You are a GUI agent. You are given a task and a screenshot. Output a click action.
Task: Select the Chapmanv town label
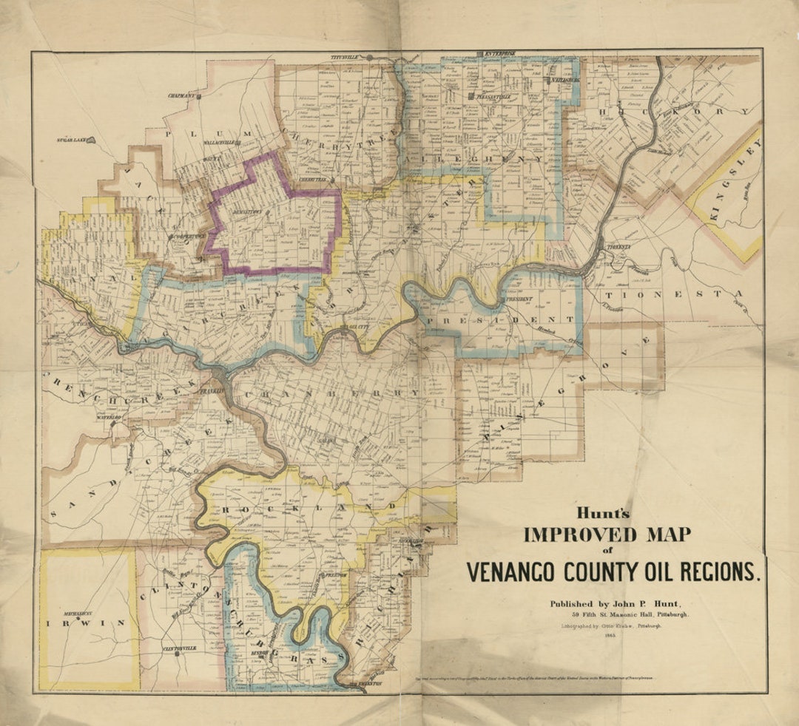pyautogui.click(x=181, y=95)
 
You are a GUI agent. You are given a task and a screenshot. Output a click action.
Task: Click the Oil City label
pyautogui.click(x=359, y=325)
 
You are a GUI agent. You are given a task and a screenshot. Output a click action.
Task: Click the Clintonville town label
pyautogui.click(x=179, y=648)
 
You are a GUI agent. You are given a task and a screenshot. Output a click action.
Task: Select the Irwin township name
pyautogui.click(x=86, y=623)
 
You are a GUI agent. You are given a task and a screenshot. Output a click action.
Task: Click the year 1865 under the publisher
pyautogui.click(x=610, y=635)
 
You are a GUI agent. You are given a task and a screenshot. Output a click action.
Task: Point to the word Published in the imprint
pyautogui.click(x=575, y=604)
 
